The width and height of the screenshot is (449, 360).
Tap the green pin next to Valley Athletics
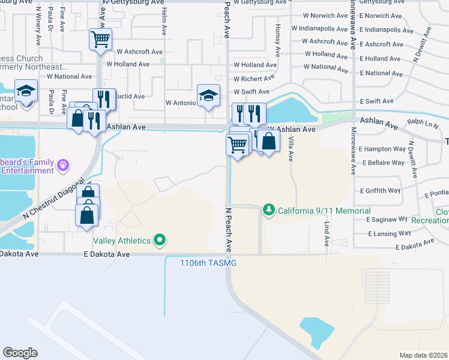(160, 241)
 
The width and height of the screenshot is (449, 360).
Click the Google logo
(20, 353)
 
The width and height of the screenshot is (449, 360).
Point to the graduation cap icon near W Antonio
(208, 95)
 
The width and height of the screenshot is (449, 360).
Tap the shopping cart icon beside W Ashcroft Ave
(100, 40)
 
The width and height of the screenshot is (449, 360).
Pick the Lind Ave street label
(327, 233)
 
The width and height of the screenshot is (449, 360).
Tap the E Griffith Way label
(380, 191)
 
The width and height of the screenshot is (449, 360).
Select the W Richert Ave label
(254, 78)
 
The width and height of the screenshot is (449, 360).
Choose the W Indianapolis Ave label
(319, 28)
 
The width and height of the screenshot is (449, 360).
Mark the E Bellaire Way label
(382, 163)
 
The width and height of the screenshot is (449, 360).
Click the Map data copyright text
(423, 355)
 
